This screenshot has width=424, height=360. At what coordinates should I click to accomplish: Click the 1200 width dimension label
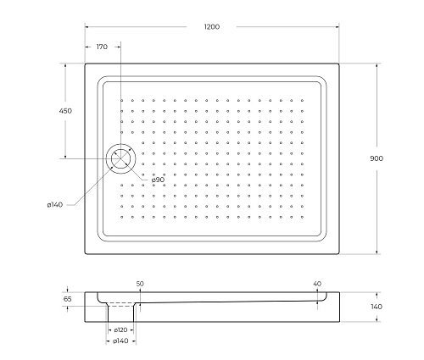pos(212,27)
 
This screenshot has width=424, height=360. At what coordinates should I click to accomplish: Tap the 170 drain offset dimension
pos(102,47)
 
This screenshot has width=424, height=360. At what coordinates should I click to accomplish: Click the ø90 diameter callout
pos(158,180)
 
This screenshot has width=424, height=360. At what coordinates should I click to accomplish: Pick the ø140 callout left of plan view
pos(56,205)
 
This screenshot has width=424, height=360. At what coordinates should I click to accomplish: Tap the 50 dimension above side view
pos(139,284)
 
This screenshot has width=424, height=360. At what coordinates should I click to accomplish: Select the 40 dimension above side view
pos(317,284)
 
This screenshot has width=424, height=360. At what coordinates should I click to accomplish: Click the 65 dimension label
pos(68,299)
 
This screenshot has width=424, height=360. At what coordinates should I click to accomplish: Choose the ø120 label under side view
pos(120,330)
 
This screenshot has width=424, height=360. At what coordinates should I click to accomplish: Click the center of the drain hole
pos(120,158)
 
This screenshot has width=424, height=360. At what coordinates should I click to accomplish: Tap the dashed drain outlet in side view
pos(120,306)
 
